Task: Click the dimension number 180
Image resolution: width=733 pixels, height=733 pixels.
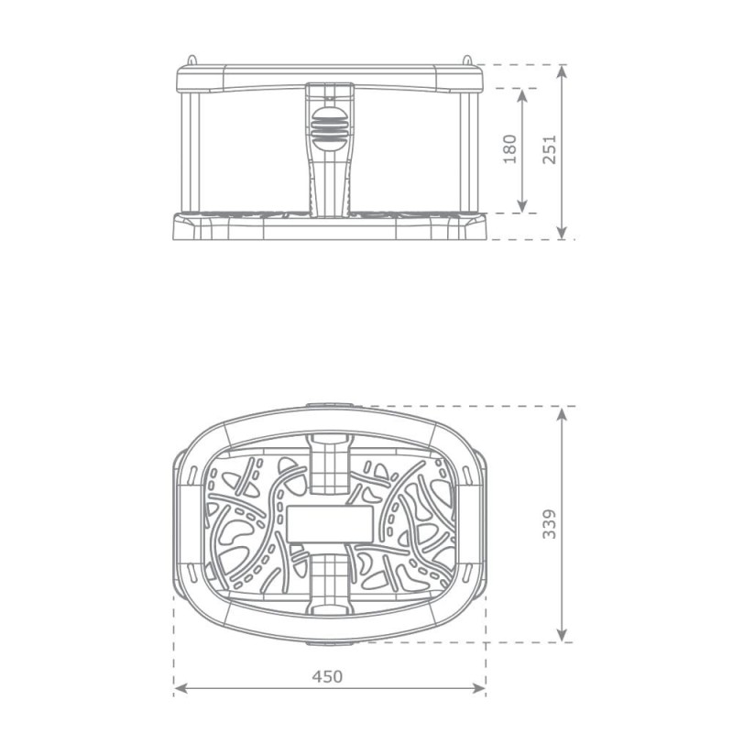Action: [x=510, y=148]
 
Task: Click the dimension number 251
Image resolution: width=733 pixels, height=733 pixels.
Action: [x=549, y=148]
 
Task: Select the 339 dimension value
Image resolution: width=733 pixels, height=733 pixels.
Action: [x=549, y=523]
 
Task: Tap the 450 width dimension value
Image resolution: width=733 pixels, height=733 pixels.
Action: [x=327, y=676]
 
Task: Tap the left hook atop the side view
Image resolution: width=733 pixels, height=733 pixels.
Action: [x=191, y=60]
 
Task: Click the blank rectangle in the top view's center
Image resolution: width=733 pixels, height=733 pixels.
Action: [x=329, y=524]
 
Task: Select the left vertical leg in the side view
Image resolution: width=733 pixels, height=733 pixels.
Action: [x=193, y=151]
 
